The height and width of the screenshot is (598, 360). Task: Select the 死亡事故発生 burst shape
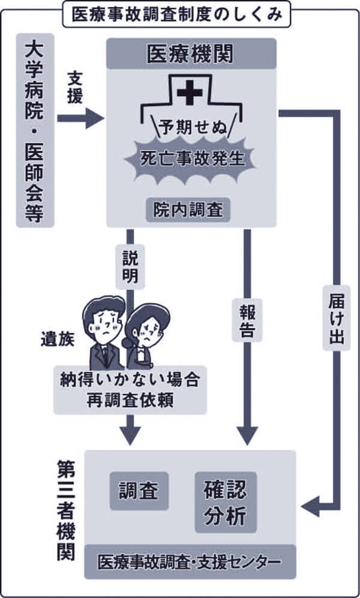pyautogui.click(x=191, y=159)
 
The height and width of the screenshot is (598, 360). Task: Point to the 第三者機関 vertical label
pyautogui.click(x=65, y=510)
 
